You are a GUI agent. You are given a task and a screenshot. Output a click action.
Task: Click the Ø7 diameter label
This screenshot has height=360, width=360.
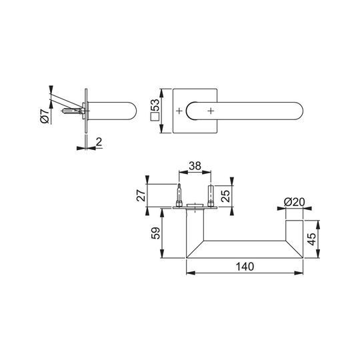(x=45, y=117)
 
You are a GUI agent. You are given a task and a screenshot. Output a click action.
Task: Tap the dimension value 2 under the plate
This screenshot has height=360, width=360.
(x=99, y=142)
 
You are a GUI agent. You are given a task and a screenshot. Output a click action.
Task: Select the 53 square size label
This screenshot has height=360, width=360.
(x=155, y=105)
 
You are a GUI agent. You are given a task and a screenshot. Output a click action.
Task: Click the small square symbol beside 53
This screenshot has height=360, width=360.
(x=155, y=117)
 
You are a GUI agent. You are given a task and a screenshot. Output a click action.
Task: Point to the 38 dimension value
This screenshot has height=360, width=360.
(x=195, y=166)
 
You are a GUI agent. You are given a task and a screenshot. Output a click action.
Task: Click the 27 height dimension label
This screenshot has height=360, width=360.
(x=141, y=195)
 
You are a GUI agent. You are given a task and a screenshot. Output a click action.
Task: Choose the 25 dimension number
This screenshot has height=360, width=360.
(x=226, y=195)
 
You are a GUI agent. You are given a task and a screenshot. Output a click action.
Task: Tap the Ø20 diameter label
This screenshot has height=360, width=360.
(x=295, y=202)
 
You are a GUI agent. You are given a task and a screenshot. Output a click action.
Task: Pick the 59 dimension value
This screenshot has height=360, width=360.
(x=155, y=233)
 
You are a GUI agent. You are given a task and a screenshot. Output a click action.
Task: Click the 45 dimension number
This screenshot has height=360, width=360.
(x=312, y=239)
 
